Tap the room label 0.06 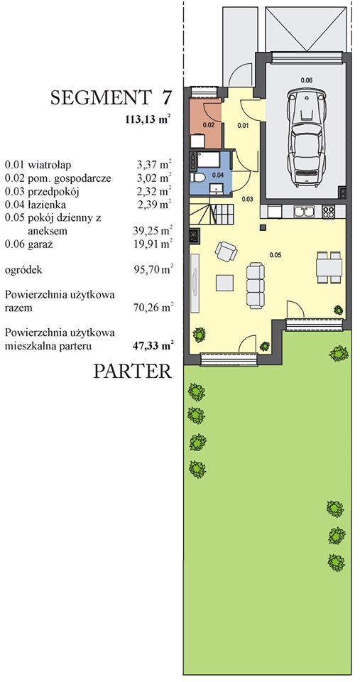coord(306,80)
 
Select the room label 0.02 coord(208,124)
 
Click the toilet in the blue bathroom coord(198,178)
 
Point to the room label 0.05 coord(275,255)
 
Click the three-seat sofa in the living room coord(255,285)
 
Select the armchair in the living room coord(226,251)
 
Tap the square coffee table coord(226,282)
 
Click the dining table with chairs coord(329,267)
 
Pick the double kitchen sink coord(304,212)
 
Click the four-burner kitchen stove coord(329,212)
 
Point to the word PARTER coord(133,372)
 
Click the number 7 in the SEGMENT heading coord(165,97)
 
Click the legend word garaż coord(40,244)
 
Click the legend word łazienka coord(47,205)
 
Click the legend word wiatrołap coord(49,165)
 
